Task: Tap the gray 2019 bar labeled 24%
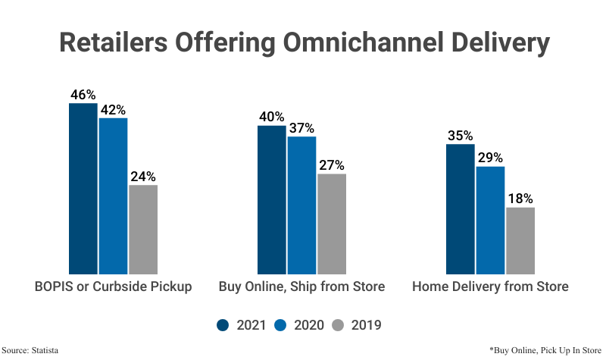coord(143,229)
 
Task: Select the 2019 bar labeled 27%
coord(332,224)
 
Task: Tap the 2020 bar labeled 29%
coord(490,220)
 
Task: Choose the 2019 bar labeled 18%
coord(520,240)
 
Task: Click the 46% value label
coord(83,95)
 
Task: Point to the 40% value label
coord(272,117)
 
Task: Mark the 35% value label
coord(460,136)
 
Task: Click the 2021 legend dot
coord(223,325)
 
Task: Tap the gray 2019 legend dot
coord(339,325)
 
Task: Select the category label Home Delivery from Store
coord(490,287)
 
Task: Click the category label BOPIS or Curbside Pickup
coord(113,287)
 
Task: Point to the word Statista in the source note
coord(45,350)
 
